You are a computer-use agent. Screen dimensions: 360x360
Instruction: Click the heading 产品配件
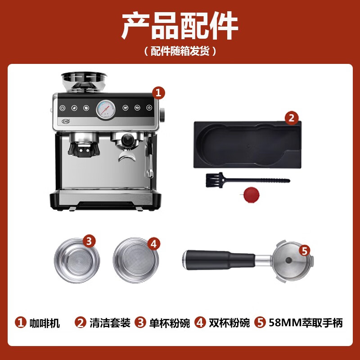click(180, 26)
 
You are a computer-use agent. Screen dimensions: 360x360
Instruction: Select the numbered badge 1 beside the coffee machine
click(158, 93)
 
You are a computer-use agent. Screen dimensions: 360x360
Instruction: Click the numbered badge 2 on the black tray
click(292, 118)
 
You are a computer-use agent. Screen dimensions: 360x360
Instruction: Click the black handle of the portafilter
click(216, 260)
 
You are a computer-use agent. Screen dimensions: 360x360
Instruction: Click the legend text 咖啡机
click(45, 323)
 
